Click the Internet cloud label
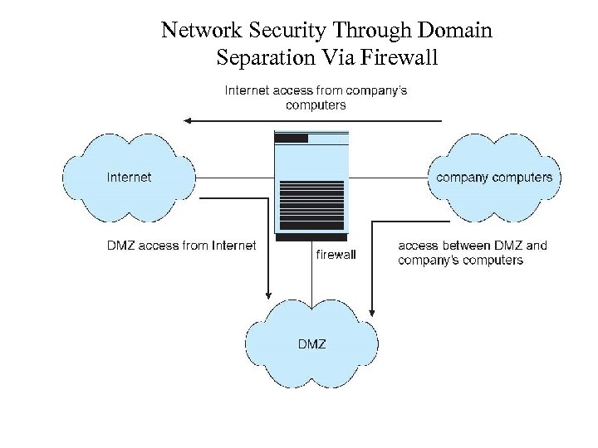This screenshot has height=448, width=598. [129, 177]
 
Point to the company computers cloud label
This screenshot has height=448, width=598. [493, 177]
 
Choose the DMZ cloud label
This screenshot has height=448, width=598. [311, 343]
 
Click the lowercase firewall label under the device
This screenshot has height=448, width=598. [336, 255]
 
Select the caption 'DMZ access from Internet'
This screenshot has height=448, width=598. [181, 246]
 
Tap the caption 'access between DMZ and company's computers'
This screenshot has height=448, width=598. [472, 252]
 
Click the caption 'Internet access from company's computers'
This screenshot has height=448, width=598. [316, 97]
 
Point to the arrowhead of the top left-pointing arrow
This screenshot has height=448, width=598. [188, 120]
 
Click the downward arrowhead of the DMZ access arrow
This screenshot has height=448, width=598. [268, 294]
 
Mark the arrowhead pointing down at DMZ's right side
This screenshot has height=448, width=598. [371, 313]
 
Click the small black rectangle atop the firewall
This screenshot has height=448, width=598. [292, 139]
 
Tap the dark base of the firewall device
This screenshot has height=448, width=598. [311, 237]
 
